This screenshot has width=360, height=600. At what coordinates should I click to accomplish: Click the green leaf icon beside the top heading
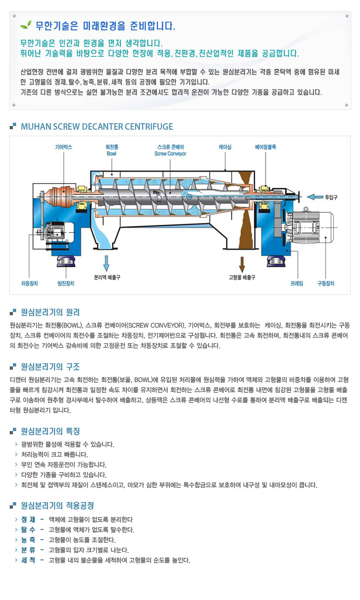tap(26, 25)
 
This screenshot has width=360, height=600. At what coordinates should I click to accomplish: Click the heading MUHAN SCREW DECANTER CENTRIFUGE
tap(97, 126)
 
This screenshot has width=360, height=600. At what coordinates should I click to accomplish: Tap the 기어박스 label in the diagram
tap(64, 147)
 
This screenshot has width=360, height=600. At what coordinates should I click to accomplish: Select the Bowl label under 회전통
tap(111, 154)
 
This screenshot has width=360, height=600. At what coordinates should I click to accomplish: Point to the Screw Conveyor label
tap(170, 154)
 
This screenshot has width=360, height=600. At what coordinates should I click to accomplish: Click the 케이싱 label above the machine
tap(225, 147)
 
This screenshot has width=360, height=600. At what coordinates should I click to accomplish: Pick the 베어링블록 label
tap(265, 147)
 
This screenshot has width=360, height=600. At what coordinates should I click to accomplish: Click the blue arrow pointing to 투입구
tap(315, 197)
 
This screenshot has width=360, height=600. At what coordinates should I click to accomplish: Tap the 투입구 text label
tap(331, 198)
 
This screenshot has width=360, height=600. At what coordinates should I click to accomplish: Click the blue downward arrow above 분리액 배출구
tap(106, 263)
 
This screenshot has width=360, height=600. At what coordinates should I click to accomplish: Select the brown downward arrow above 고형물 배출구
tap(242, 264)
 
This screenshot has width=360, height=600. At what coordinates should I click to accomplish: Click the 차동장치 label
tap(30, 283)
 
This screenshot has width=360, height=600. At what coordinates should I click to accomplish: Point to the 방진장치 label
tap(66, 283)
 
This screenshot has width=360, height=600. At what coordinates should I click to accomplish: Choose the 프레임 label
tap(297, 283)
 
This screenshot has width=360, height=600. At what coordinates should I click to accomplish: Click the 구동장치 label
tap(326, 283)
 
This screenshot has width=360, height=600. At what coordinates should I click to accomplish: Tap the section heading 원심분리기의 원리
tap(50, 312)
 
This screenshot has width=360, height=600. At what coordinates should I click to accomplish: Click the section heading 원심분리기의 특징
tap(50, 431)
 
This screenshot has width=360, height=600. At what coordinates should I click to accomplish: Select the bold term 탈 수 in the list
tap(29, 529)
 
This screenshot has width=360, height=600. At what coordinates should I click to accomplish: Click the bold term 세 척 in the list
tap(29, 560)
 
